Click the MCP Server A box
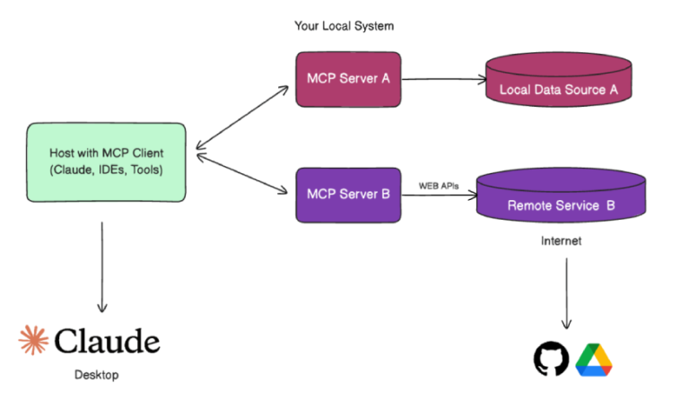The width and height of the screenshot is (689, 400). (348, 79)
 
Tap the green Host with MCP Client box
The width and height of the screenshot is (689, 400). (106, 161)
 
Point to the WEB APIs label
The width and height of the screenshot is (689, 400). (439, 186)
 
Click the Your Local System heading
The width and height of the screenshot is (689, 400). (344, 26)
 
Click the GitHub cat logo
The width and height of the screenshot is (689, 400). (551, 359)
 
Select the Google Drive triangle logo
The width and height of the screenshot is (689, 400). (593, 359)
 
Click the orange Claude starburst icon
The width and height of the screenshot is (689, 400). (34, 340)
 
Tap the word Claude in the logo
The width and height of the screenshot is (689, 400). (107, 341)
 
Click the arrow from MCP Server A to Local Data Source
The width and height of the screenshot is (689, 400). (440, 80)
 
